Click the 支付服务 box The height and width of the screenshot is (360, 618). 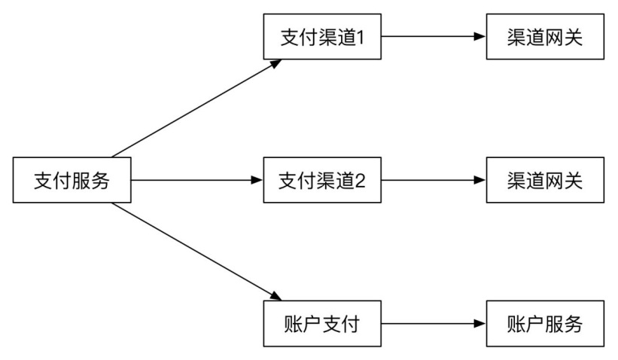coord(72,180)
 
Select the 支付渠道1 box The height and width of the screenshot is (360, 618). coord(322,37)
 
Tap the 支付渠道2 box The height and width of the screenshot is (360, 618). coord(322,180)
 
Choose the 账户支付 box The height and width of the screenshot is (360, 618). coord(322,324)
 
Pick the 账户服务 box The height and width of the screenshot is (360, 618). coord(545,324)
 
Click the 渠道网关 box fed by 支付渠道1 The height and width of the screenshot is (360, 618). coord(545,37)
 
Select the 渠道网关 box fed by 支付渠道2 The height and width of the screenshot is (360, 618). coord(545,180)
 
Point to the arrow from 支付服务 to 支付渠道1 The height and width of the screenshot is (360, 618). coord(196,108)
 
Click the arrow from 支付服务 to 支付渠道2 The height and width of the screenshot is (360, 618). coord(197,180)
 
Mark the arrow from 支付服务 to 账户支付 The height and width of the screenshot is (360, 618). coord(196,252)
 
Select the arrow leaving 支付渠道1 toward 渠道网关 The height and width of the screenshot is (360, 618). coord(434,37)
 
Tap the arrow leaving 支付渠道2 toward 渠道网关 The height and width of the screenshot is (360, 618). coord(434,180)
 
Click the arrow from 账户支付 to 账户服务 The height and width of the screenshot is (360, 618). coord(434,324)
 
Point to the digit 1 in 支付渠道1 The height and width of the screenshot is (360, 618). coord(360,38)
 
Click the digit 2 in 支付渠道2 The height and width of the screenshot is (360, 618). coord(361,181)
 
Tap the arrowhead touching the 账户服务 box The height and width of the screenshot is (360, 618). coord(480,324)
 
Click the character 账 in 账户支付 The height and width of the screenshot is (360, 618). coord(294,325)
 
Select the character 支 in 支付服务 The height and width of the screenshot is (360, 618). coord(44,181)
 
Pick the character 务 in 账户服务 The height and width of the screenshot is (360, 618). coord(574,325)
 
